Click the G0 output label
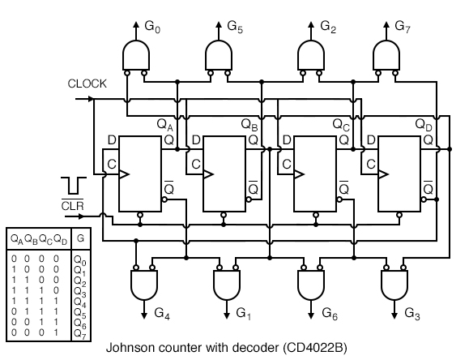click(x=152, y=27)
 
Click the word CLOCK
click(x=87, y=84)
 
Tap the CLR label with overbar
click(x=72, y=204)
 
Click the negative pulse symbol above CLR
click(x=72, y=183)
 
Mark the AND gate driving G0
click(x=135, y=55)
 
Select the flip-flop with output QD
click(x=399, y=174)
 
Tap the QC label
click(x=342, y=126)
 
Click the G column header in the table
click(x=79, y=238)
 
